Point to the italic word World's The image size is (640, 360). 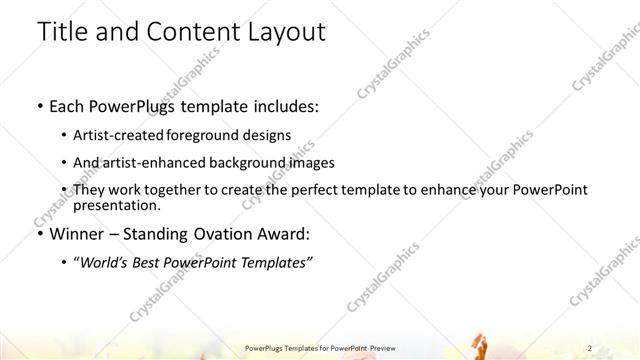(110, 263)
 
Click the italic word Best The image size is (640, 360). (158, 263)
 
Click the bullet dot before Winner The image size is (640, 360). (38, 235)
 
